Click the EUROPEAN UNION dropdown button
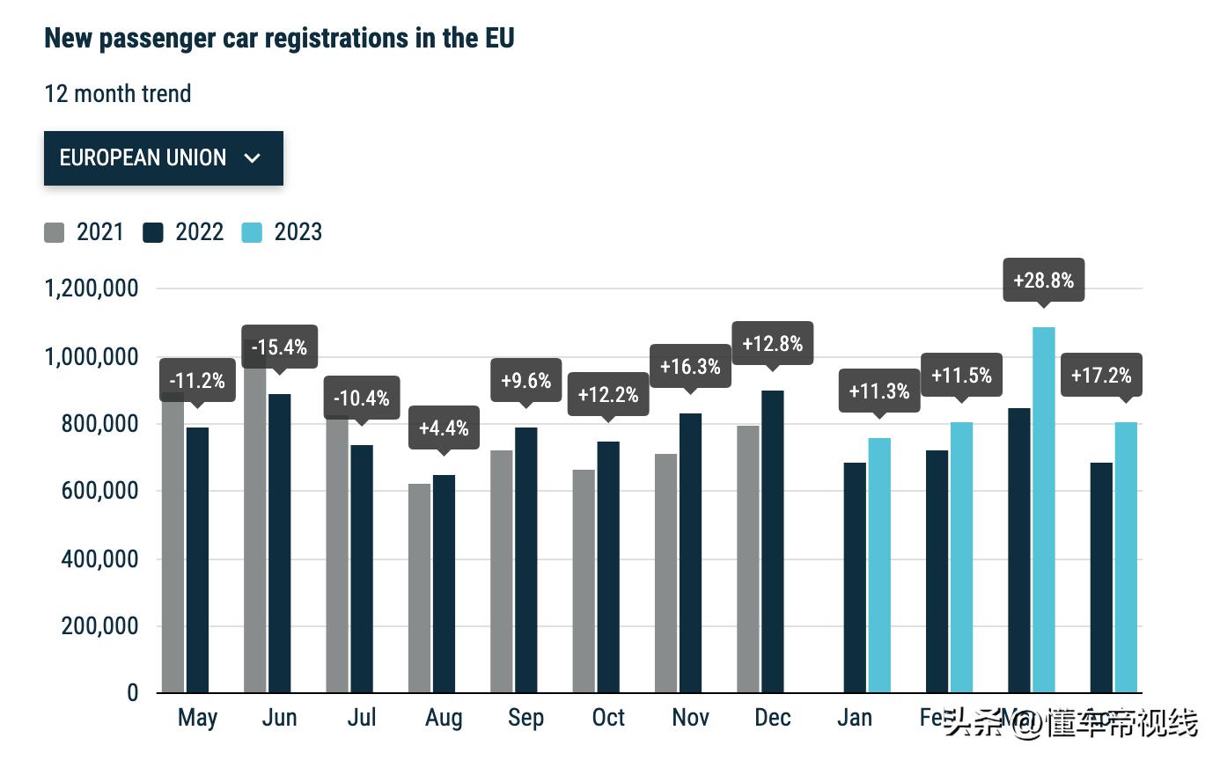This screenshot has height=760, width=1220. coord(163,158)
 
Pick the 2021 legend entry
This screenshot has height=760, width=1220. coord(84,232)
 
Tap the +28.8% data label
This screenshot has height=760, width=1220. coord(1043,281)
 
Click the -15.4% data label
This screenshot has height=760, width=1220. coord(279,347)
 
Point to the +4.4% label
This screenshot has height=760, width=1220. coord(444,428)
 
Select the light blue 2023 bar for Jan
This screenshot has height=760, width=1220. coord(879,565)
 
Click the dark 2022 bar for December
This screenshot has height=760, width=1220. coord(773,541)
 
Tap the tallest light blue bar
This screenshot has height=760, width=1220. coord(1044,509)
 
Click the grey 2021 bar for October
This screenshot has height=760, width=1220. coord(584,581)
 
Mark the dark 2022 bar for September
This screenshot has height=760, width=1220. coord(526,559)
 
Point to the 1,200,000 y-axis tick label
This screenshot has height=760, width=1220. coord(92,289)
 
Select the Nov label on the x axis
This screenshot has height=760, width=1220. coord(690,718)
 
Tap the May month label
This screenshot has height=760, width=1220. coord(197,718)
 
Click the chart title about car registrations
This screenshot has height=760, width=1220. coord(279,38)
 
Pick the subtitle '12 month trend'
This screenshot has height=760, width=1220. coord(118,93)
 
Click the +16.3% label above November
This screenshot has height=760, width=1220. coord(690,366)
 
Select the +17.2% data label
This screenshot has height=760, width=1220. coord(1101,376)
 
